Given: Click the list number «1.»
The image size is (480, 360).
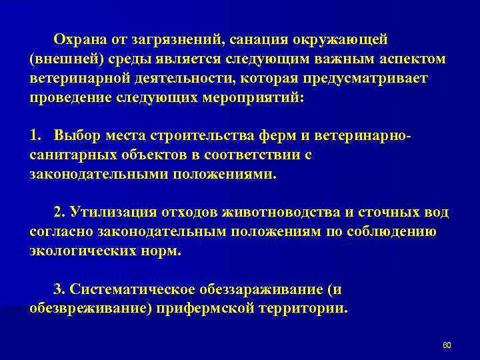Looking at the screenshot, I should tap(36, 136).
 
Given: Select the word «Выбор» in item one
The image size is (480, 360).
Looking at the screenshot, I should tap(75, 136).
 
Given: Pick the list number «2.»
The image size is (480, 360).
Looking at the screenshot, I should tap(59, 212).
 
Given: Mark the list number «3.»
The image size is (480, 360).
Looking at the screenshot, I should tap(59, 290).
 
